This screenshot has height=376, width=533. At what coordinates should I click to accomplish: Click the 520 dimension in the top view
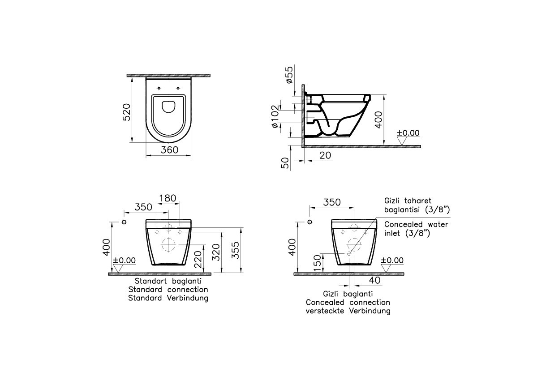(x=126, y=112)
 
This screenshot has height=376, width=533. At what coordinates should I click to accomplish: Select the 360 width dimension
(x=169, y=150)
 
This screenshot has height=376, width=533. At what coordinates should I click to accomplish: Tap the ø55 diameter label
(x=289, y=75)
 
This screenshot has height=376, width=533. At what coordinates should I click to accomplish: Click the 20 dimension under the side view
(x=325, y=155)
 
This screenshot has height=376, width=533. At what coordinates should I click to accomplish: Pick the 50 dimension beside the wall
(x=286, y=162)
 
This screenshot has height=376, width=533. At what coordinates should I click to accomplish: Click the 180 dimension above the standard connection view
(x=168, y=198)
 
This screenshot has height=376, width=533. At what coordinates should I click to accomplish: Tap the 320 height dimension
(x=216, y=252)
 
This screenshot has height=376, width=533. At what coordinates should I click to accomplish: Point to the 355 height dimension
(x=236, y=250)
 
